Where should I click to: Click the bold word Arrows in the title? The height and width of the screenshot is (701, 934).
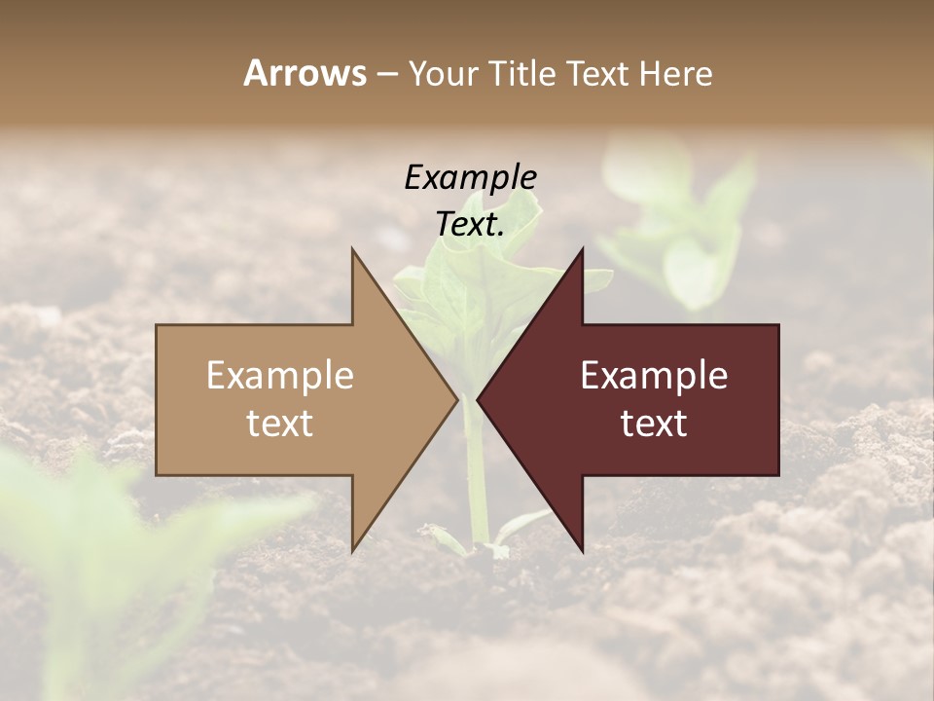click(305, 73)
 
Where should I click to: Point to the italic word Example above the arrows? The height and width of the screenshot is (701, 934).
click(471, 178)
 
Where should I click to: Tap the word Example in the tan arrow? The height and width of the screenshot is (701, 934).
click(280, 376)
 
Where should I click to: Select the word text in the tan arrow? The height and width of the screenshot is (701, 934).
click(280, 424)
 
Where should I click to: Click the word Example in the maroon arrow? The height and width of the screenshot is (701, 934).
click(654, 376)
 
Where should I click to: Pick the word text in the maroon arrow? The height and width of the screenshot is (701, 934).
click(654, 424)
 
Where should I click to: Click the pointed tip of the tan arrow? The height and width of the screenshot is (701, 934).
click(456, 399)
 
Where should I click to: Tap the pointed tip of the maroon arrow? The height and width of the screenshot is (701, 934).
click(479, 399)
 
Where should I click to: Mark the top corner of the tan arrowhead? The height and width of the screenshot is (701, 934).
click(353, 250)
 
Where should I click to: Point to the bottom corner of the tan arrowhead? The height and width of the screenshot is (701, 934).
click(353, 550)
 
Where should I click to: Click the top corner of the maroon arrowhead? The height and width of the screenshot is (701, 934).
click(582, 250)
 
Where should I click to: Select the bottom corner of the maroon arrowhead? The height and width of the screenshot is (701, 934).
click(582, 550)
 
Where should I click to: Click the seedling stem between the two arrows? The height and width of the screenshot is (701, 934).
click(475, 467)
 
